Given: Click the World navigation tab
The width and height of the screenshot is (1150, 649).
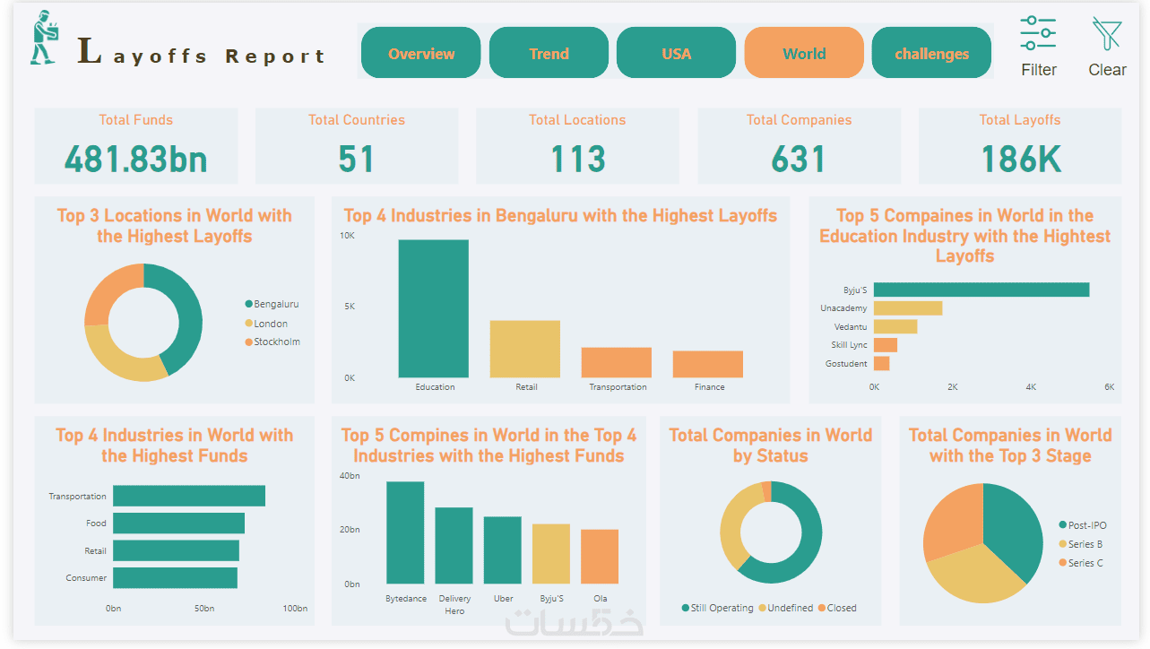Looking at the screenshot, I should [x=804, y=54].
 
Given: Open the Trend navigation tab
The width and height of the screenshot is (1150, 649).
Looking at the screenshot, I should [x=549, y=54].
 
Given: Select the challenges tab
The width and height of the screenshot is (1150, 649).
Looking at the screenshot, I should [x=931, y=54].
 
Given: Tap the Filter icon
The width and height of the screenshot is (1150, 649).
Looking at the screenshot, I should [x=1038, y=35].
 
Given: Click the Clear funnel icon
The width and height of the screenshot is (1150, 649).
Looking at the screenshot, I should [x=1107, y=35].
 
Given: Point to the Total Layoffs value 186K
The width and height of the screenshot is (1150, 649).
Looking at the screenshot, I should [x=1020, y=160].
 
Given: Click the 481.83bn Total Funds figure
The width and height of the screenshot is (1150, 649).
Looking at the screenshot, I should [x=136, y=160].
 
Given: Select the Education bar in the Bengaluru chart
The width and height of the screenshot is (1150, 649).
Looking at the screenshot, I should [x=434, y=308].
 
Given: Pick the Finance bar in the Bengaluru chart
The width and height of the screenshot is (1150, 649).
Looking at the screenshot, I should [x=708, y=364].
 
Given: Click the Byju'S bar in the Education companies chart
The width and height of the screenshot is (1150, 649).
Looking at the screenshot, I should [x=981, y=290].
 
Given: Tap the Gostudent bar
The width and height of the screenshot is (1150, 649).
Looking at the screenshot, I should [x=881, y=364].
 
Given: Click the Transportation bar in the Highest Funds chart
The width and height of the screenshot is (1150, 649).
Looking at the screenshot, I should [x=188, y=496].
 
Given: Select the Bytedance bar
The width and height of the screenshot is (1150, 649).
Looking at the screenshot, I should [x=405, y=532].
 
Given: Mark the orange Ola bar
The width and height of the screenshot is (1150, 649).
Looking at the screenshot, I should [x=600, y=557].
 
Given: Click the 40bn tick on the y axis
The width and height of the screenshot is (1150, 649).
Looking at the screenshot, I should [x=350, y=476].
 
